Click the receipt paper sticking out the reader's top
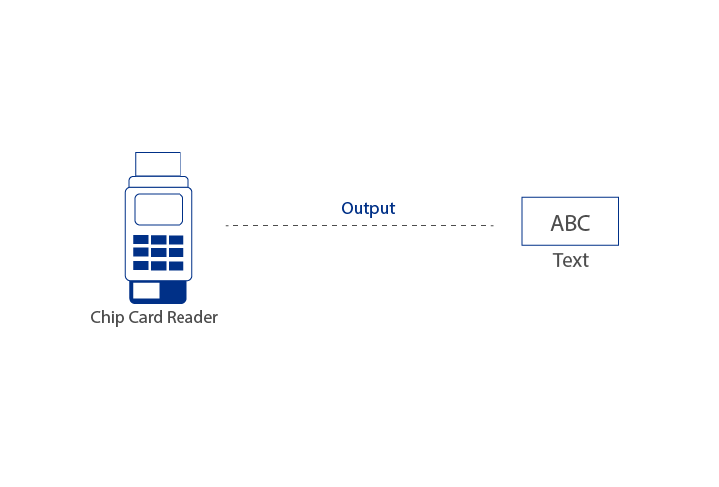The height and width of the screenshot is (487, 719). coord(158,164)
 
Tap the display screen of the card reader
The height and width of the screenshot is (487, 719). coord(159,209)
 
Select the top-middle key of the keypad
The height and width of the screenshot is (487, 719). coord(159,240)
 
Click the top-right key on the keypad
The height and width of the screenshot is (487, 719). coord(176,240)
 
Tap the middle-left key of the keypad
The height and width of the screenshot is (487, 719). coord(141,253)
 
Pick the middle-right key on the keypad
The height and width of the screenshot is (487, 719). coord(176,253)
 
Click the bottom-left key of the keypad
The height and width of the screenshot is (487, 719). coord(141,265)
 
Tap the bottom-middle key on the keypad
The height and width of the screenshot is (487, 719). coord(159,265)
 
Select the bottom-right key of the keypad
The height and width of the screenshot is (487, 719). coord(176,265)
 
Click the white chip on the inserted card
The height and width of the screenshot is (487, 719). coord(147,290)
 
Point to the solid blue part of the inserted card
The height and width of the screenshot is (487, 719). coord(174,291)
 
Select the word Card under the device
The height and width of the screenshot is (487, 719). coord(145,317)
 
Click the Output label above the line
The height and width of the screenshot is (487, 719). coord(368,208)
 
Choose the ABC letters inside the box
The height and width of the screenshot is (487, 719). coord(570,223)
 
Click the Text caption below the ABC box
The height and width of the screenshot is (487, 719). coord(570,260)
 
